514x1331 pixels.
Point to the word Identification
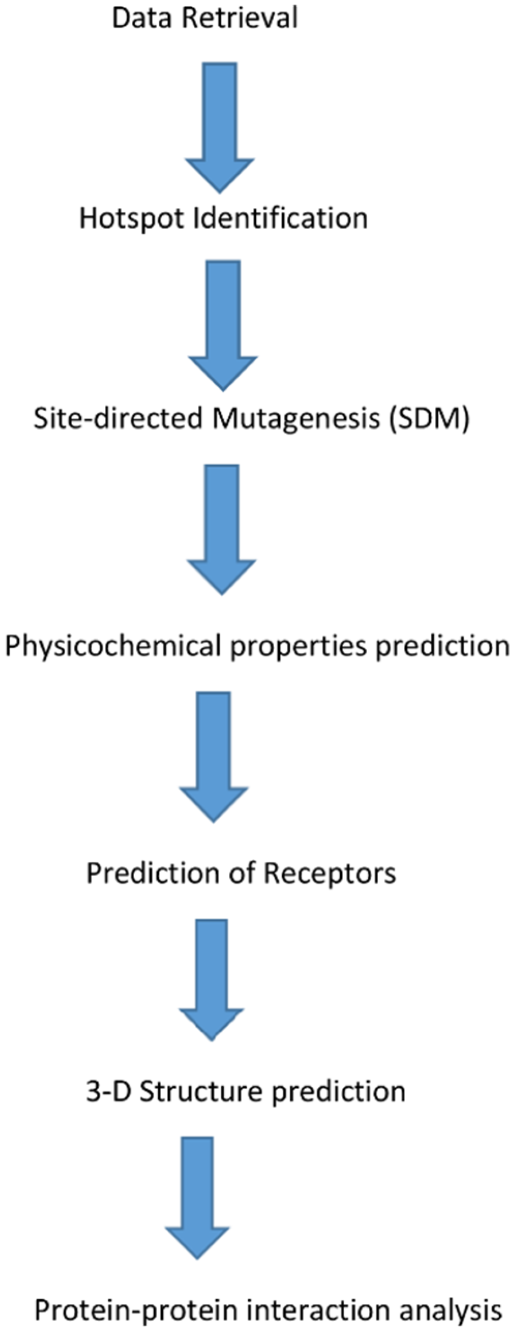click(280, 218)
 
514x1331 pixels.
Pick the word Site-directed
click(119, 419)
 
